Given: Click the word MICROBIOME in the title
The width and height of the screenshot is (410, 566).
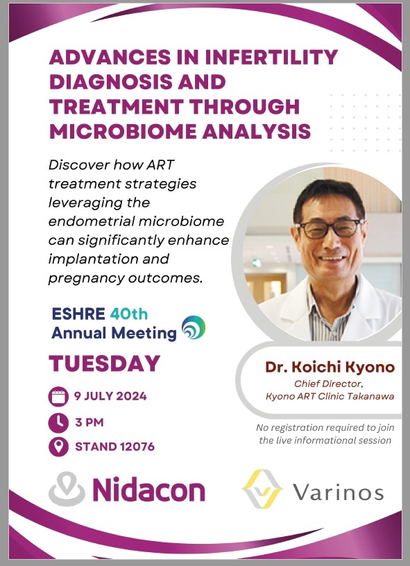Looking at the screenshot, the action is (x=122, y=131).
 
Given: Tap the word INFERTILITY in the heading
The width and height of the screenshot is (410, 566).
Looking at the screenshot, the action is (x=271, y=58).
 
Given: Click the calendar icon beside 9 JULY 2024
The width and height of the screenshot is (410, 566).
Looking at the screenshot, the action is (x=58, y=397).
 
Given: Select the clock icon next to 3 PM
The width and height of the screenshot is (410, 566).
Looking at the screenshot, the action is (x=58, y=422).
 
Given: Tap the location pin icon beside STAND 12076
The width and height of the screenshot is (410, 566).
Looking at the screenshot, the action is (x=58, y=447).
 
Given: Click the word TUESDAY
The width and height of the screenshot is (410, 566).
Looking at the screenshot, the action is (x=105, y=363).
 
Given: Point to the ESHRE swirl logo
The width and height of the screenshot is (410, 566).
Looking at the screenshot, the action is (x=194, y=327).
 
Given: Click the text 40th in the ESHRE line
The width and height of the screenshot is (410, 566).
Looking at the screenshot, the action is (x=129, y=314).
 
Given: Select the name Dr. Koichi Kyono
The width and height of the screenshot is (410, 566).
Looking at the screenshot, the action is (x=330, y=367).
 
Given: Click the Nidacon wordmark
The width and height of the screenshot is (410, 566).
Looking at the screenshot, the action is (x=148, y=490).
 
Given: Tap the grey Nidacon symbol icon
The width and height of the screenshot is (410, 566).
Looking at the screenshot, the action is (x=67, y=488).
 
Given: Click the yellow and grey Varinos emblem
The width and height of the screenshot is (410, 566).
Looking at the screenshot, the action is (x=262, y=489).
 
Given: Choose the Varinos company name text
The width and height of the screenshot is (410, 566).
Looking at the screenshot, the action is (x=338, y=492).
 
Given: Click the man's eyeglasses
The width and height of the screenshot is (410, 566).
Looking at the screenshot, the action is (x=329, y=229).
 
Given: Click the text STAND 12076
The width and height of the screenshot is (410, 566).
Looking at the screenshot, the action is (x=114, y=447).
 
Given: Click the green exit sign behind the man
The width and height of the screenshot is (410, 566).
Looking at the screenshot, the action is (x=257, y=263).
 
